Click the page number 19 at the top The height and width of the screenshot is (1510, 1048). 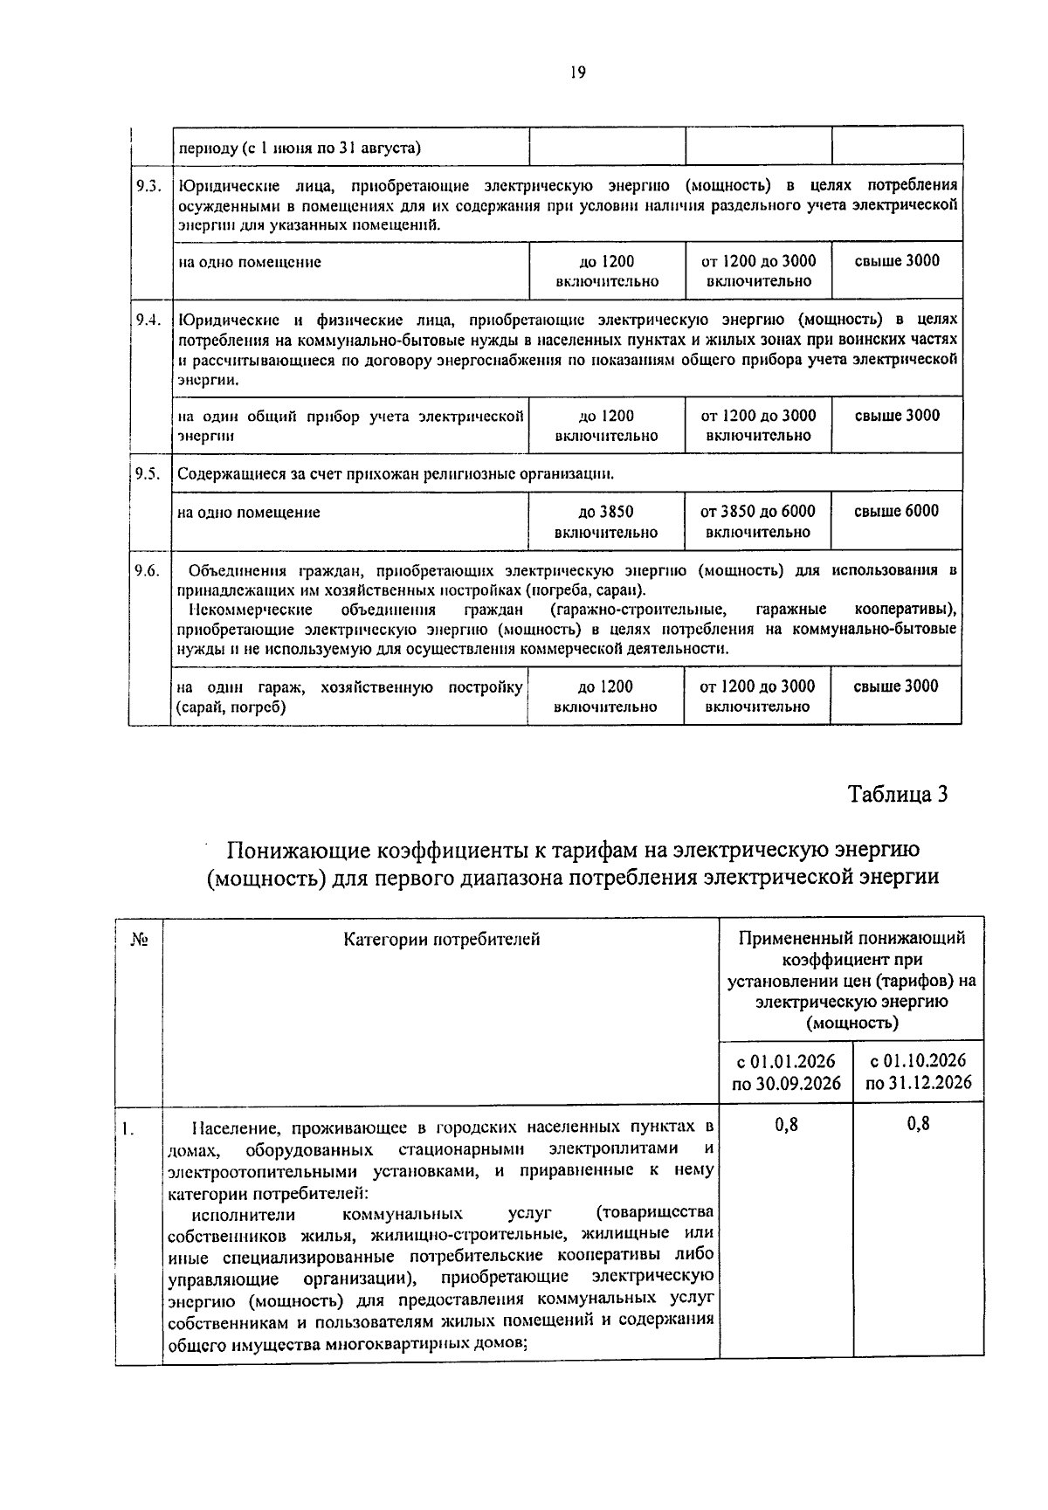[x=577, y=72]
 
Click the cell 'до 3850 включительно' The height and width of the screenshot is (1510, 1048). [x=606, y=521]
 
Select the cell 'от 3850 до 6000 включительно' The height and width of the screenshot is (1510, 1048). [x=758, y=521]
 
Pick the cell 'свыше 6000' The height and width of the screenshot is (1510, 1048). [x=896, y=512]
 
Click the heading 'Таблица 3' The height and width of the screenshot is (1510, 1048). [x=897, y=794]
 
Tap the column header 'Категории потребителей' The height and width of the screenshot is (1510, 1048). [x=441, y=940]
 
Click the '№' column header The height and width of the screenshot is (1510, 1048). [x=139, y=940]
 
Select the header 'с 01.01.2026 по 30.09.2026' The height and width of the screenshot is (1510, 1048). [x=785, y=1072]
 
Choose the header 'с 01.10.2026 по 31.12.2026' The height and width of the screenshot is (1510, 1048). [x=918, y=1072]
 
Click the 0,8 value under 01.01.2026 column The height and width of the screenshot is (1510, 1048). [x=786, y=1125]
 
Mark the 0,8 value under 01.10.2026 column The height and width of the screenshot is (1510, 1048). [x=918, y=1125]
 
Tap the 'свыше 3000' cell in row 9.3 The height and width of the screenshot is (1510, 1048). [x=897, y=261]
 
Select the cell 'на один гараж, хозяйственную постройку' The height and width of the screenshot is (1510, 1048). [x=349, y=697]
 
